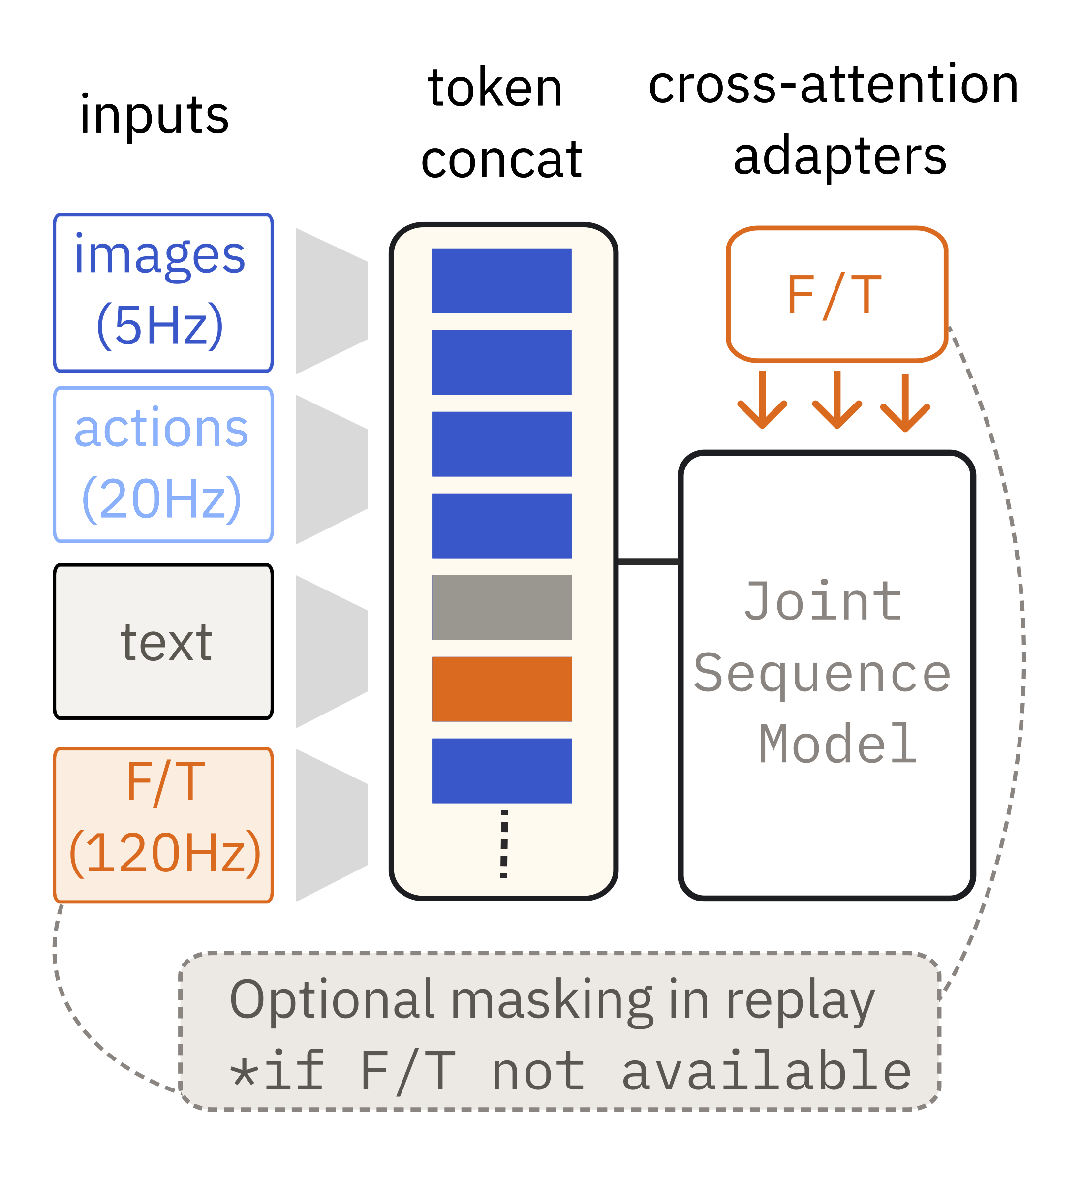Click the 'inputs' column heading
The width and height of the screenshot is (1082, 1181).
click(154, 116)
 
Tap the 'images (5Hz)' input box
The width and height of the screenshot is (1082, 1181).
click(163, 293)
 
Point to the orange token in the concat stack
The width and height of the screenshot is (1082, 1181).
click(502, 689)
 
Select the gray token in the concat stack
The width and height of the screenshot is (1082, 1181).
click(502, 608)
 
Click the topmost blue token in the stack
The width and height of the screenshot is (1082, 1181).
click(502, 281)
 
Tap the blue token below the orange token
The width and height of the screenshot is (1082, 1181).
click(502, 771)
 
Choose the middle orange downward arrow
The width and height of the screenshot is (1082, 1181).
click(837, 400)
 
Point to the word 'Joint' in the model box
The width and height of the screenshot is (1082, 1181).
click(823, 602)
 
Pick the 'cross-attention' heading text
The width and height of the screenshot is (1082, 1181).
click(834, 86)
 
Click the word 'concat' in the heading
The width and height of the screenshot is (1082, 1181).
click(501, 160)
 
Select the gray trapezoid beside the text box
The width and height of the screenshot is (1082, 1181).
click(332, 652)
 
